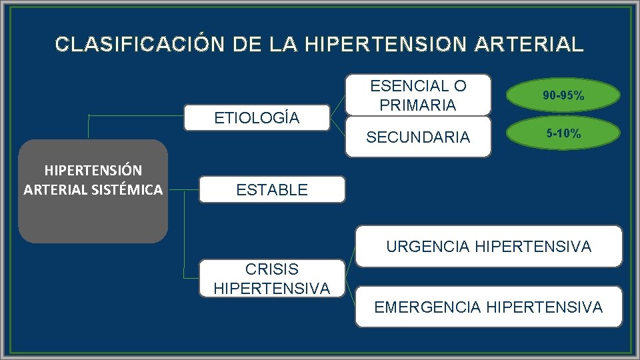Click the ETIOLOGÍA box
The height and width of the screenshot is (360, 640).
(x=257, y=118)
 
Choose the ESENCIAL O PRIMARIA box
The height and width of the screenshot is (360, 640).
(x=418, y=95)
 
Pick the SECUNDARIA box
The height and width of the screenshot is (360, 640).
(x=418, y=137)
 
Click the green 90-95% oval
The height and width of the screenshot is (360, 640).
(x=563, y=96)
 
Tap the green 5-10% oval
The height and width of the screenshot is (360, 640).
(x=563, y=134)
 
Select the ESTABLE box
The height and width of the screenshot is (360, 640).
(x=272, y=189)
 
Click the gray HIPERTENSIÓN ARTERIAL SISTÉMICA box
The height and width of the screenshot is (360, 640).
(x=93, y=191)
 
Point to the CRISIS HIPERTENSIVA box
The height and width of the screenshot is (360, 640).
(x=271, y=279)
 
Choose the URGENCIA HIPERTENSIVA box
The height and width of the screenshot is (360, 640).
(x=489, y=247)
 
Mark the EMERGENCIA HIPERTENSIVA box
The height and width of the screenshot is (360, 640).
(x=489, y=307)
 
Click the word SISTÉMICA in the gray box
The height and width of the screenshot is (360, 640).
(x=129, y=190)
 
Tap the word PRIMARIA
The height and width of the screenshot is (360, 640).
(x=418, y=105)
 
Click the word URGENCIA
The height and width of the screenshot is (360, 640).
(x=428, y=247)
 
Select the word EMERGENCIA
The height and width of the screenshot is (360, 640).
(x=427, y=307)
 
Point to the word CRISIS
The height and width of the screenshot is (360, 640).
(x=271, y=269)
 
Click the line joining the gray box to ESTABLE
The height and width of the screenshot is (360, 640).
(x=184, y=189)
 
